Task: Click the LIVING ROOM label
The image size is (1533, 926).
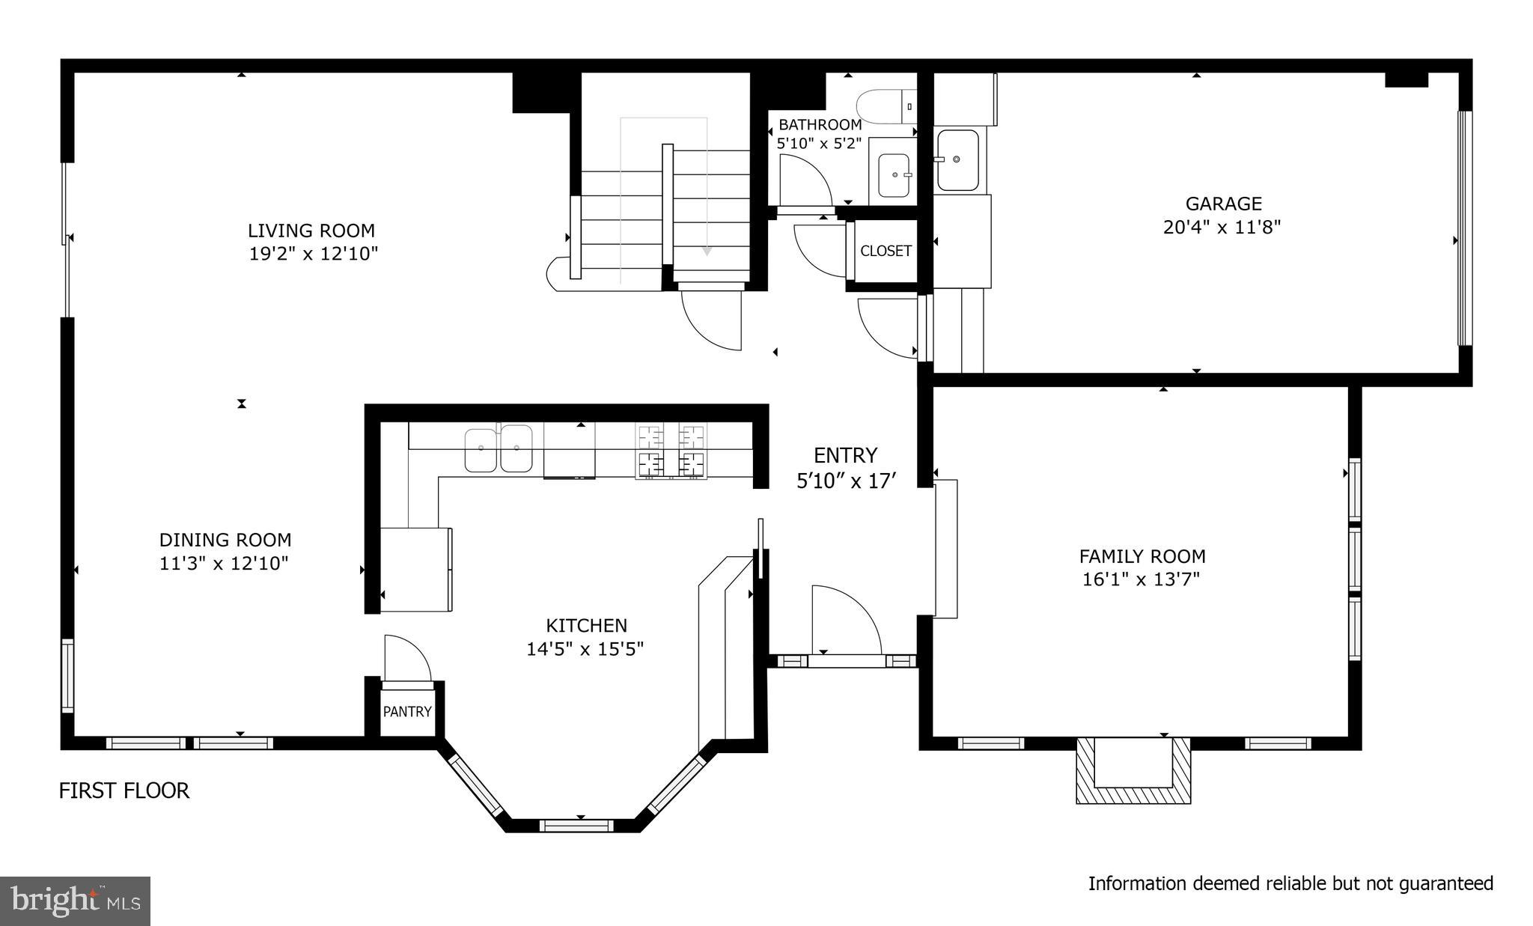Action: [x=311, y=231]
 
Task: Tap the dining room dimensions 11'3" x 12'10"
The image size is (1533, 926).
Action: [x=224, y=564]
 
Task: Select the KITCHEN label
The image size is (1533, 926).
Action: [x=586, y=625]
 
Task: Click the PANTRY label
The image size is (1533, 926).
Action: [x=407, y=711]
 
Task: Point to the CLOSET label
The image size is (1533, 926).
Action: [x=886, y=251]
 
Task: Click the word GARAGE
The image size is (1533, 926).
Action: [x=1223, y=204]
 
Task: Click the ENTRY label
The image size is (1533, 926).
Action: [x=845, y=455]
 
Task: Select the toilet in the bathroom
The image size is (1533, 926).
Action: [x=886, y=106]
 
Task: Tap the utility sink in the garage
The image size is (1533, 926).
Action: [x=957, y=160]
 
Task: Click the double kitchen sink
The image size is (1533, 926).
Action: [x=498, y=448]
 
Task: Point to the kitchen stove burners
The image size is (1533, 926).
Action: [x=671, y=451]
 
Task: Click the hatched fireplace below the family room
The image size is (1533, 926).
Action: [x=1133, y=771]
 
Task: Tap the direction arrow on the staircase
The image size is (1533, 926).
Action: [x=706, y=252]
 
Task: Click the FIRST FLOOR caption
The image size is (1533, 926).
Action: [x=124, y=791]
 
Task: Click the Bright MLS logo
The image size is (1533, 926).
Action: [x=76, y=901]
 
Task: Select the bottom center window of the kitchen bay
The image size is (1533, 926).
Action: [x=576, y=826]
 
